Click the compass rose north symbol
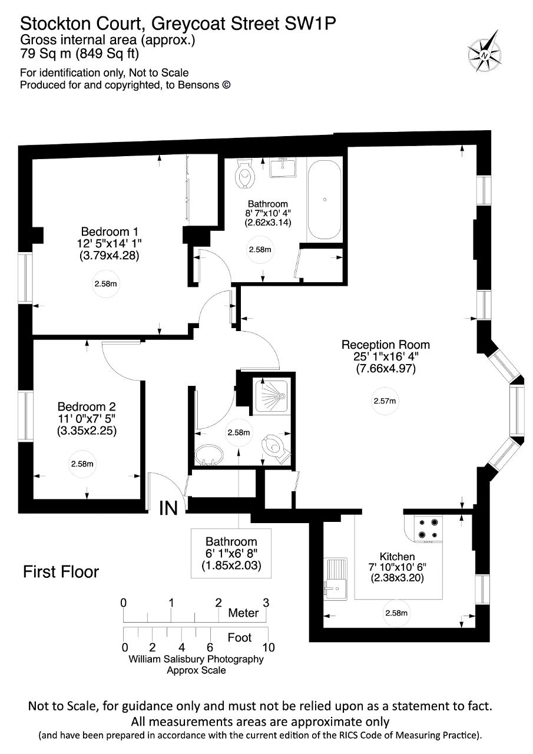point(485,51)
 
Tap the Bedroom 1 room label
point(110,232)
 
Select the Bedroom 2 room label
point(87,406)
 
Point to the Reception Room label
point(386,345)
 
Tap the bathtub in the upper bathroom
point(325,200)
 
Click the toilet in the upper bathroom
point(246,173)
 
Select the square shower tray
point(271,396)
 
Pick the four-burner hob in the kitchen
point(428,528)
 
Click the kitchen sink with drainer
point(336,579)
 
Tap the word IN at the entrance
point(168,508)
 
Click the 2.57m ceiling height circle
point(385,401)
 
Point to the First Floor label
point(61,572)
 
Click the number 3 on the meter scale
point(266,603)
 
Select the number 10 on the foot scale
point(268,647)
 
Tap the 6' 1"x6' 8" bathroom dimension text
point(231,553)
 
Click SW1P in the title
point(310,24)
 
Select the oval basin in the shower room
point(209,456)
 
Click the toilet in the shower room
point(276,449)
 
